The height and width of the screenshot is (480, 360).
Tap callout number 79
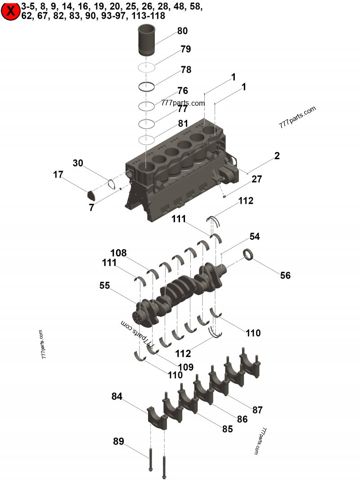point(185,49)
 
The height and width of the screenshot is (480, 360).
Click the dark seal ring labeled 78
point(146,86)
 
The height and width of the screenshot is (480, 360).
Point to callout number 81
point(183,123)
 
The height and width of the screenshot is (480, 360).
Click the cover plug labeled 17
point(92,195)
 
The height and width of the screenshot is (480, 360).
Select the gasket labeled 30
point(111,184)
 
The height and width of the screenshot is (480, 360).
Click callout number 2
point(277,156)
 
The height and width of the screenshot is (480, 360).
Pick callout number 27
point(256,179)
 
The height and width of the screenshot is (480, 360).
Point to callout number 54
point(254,236)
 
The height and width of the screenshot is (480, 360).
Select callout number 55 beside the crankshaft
point(104,285)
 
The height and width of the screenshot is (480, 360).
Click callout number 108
point(119,253)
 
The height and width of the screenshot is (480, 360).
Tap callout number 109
point(185,367)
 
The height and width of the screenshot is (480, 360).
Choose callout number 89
point(118,441)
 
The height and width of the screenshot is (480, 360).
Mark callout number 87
point(257,410)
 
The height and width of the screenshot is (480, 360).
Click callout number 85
point(227,429)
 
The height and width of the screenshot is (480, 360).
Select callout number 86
point(242,419)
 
